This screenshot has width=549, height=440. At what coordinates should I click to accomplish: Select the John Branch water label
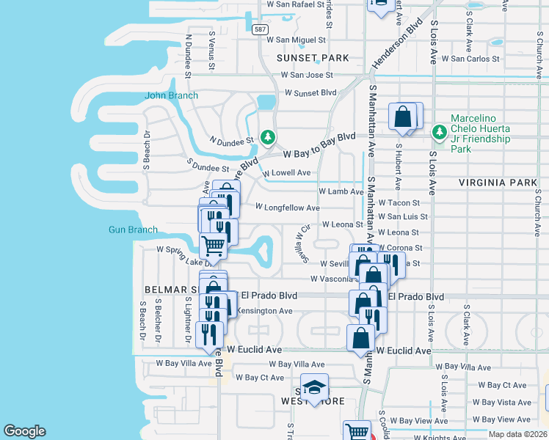171,95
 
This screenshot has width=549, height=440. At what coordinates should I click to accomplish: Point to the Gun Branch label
133,230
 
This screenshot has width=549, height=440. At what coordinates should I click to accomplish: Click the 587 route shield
259,29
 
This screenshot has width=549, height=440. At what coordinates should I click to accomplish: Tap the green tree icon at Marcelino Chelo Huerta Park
440,132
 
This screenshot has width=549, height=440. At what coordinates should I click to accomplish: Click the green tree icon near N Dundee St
269,137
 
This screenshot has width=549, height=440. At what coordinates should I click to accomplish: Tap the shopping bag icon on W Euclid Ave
361,338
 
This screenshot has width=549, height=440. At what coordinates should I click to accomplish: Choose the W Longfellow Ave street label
287,208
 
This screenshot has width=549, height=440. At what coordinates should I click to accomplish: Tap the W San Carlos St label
474,58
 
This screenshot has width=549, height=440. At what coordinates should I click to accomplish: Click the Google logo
24,431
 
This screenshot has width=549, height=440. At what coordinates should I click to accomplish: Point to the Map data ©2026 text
518,434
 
